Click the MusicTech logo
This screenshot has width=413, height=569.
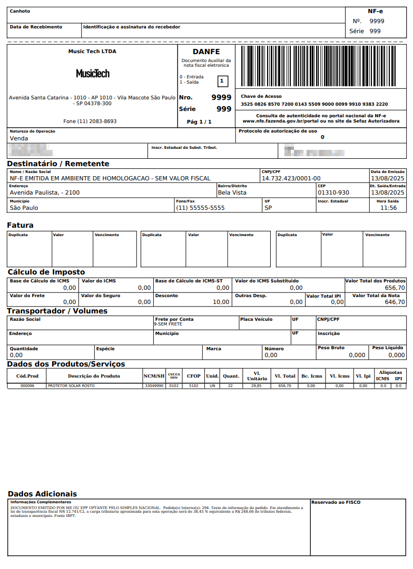(x=93, y=74)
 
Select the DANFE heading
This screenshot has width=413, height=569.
(x=206, y=52)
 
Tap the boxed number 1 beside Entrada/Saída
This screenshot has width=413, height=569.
(x=222, y=81)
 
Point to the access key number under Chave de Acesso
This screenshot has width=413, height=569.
(x=314, y=104)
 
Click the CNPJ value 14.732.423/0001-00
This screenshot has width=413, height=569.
(x=291, y=178)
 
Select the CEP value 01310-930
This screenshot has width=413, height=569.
(x=333, y=192)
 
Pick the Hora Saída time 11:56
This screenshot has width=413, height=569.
(x=388, y=208)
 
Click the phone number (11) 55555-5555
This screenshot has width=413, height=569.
(x=200, y=208)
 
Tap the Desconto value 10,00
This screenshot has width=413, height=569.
(x=221, y=302)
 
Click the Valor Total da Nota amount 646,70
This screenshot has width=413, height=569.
(x=395, y=302)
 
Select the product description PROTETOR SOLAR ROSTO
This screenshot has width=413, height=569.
(x=71, y=386)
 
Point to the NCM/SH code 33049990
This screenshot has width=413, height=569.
(x=154, y=386)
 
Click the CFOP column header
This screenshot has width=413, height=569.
(x=193, y=376)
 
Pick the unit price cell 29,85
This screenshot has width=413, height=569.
(x=256, y=386)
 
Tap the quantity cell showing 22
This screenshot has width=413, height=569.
(x=230, y=386)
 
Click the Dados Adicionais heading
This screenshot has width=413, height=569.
(x=42, y=494)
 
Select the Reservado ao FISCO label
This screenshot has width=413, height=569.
(x=336, y=502)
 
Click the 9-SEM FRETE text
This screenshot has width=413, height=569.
(x=168, y=324)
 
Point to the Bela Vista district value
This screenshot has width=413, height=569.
(x=232, y=192)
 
